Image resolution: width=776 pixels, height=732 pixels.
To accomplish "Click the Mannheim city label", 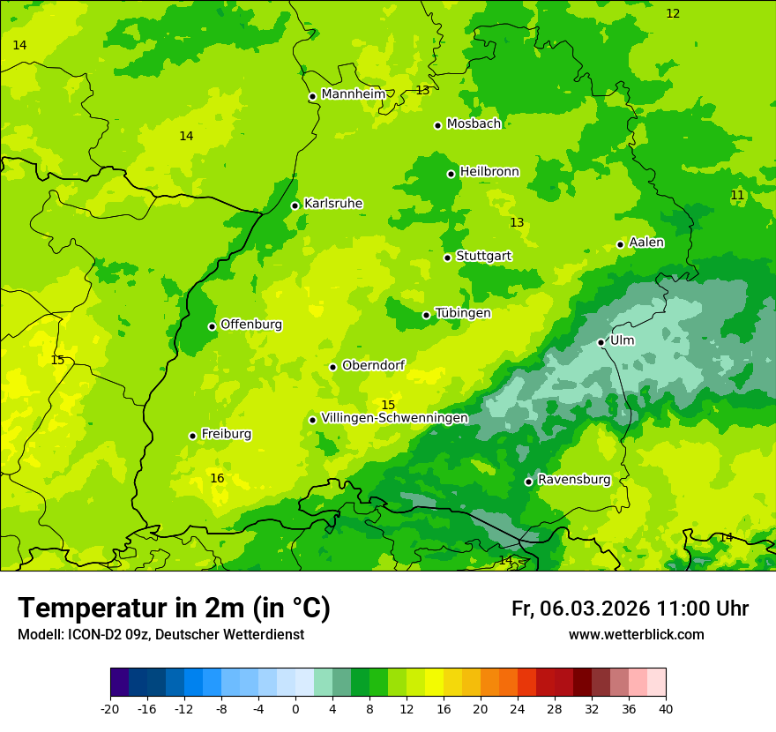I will pyautogui.click(x=354, y=94).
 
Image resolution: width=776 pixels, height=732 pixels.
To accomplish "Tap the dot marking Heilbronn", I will pyautogui.click(x=451, y=174).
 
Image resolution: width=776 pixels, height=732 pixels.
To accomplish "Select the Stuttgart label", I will pyautogui.click(x=483, y=257).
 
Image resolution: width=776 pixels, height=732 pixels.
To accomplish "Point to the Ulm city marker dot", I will pyautogui.click(x=601, y=342).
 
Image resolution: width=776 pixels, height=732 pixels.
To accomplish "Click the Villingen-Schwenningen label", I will pyautogui.click(x=394, y=418).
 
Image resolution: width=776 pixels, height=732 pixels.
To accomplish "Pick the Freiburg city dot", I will pyautogui.click(x=192, y=436).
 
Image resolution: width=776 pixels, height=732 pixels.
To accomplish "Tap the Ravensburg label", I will pyautogui.click(x=574, y=480).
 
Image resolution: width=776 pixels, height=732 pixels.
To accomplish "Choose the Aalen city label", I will pyautogui.click(x=646, y=243).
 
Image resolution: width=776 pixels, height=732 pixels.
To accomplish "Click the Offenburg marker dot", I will pyautogui.click(x=212, y=326).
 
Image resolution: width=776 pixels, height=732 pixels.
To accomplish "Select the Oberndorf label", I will pyautogui.click(x=374, y=366).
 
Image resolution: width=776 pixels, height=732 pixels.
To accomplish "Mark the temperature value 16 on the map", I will pyautogui.click(x=217, y=478).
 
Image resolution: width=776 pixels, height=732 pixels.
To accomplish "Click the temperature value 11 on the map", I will pyautogui.click(x=737, y=195).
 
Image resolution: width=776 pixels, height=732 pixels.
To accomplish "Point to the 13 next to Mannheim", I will pyautogui.click(x=422, y=90).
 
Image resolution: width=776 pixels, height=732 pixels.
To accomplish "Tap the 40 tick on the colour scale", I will pyautogui.click(x=666, y=708).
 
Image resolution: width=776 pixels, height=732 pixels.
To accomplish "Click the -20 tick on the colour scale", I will pyautogui.click(x=110, y=708).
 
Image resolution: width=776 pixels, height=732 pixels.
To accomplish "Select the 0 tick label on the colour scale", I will pyautogui.click(x=295, y=708).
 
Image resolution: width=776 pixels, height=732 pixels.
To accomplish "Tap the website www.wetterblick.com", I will pyautogui.click(x=636, y=635).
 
